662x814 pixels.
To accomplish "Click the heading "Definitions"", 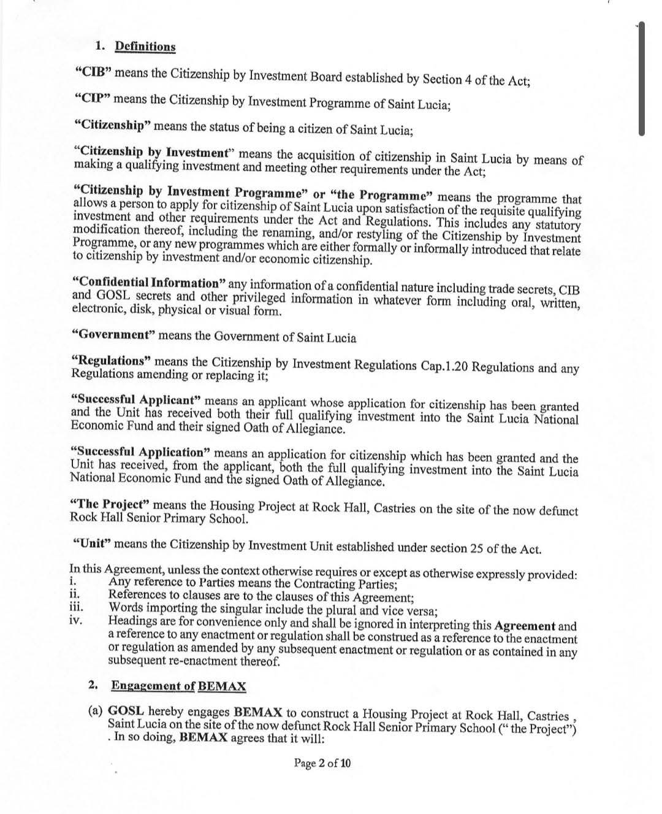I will (145, 47).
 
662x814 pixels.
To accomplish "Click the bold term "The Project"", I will (110, 504).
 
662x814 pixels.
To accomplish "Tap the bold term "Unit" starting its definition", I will (91, 543).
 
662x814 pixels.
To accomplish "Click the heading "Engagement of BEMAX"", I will (178, 686).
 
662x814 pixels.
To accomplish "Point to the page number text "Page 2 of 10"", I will (322, 763).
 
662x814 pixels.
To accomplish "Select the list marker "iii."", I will (77, 609).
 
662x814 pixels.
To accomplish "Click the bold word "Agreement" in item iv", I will (525, 626).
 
